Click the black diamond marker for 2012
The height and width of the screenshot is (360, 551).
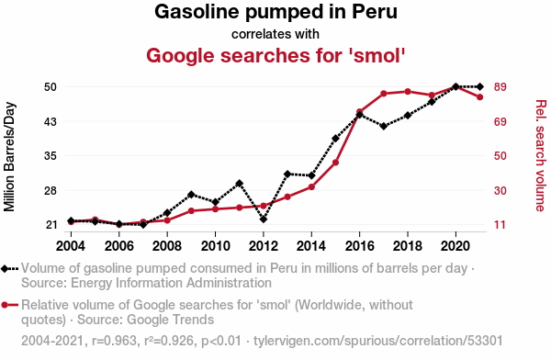264,219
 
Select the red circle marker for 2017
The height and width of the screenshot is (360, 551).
384,94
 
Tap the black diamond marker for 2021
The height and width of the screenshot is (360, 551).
480,86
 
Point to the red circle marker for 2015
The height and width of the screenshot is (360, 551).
335,163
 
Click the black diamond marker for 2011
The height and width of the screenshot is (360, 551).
240,183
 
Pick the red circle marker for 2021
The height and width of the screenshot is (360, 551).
480,97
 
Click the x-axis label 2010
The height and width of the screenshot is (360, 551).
215,246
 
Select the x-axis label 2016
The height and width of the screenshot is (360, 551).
359,246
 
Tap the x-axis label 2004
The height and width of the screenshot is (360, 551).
71,246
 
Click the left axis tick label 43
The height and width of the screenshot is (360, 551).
51,122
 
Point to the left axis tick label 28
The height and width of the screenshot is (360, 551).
51,191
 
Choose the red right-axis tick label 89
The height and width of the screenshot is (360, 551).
500,87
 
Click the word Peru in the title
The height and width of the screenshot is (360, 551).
375,12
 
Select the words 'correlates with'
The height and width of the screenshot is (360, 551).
275,34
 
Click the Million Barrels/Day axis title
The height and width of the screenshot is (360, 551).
9,157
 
